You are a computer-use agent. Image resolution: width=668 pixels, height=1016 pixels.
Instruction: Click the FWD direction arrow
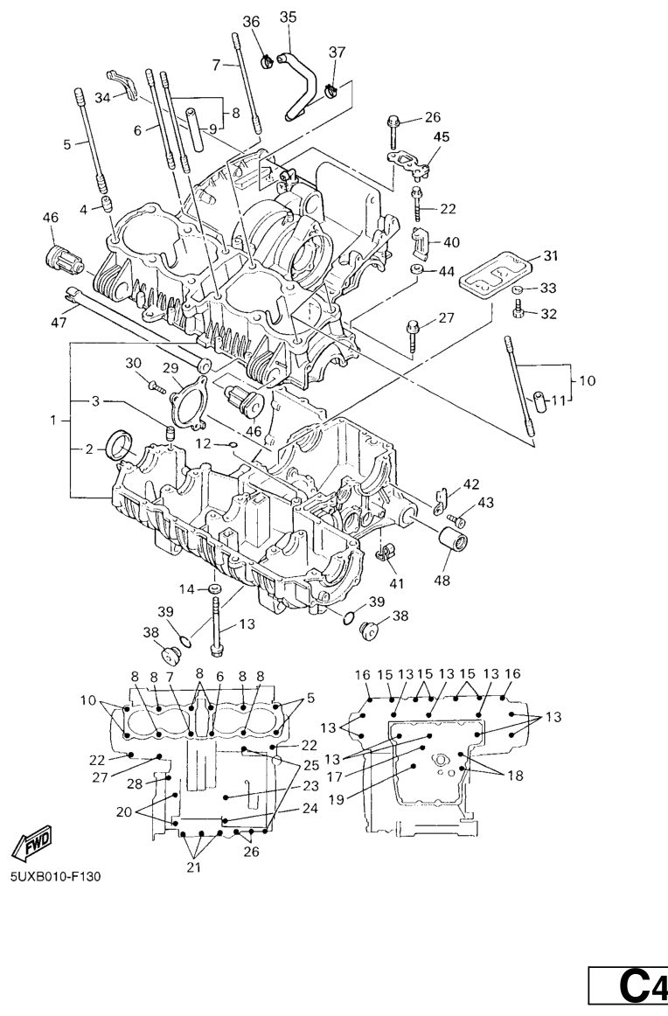31,843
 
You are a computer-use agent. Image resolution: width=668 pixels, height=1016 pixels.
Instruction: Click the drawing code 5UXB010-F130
55,877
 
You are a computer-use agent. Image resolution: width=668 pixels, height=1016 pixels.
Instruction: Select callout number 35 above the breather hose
288,17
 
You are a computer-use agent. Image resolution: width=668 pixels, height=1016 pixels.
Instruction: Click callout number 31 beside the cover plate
550,256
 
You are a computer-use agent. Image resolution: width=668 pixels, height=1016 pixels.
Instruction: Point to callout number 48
442,580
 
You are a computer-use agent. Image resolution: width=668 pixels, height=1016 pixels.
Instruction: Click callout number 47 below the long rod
59,323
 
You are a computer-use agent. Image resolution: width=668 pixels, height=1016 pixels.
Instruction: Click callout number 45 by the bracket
442,136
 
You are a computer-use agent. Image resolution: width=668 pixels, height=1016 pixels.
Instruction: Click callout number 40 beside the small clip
451,242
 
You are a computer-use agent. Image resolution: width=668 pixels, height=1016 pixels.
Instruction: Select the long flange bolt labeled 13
217,626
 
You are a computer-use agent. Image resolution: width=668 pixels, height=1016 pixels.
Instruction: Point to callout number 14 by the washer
186,589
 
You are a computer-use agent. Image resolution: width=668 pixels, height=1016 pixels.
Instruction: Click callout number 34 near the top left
102,98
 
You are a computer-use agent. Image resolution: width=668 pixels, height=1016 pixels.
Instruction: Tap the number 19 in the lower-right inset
337,799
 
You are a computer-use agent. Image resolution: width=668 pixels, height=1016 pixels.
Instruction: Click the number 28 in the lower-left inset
134,784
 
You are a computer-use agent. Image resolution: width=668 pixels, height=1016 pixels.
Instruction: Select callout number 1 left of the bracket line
54,421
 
